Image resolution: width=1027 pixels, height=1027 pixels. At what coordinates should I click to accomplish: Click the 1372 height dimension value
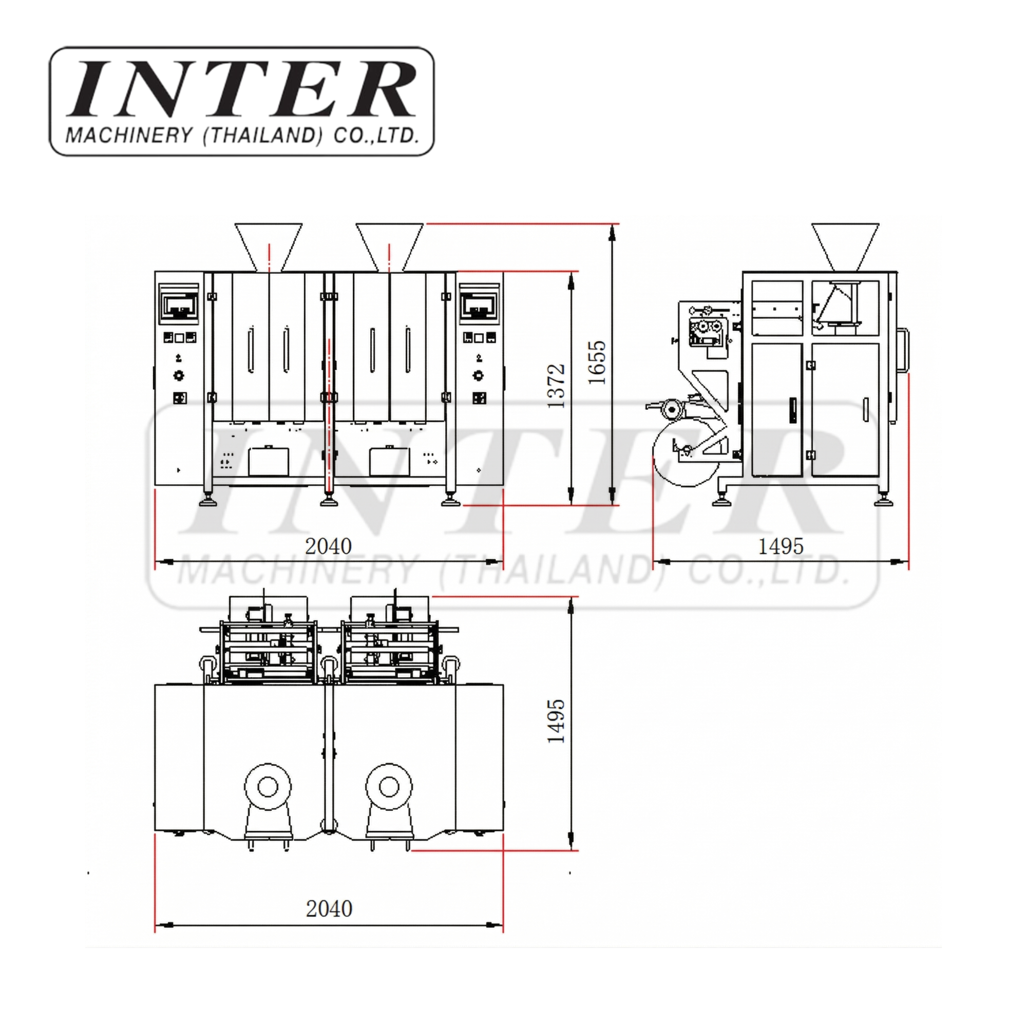(x=556, y=387)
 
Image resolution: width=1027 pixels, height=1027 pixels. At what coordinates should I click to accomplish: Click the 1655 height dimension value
(x=596, y=363)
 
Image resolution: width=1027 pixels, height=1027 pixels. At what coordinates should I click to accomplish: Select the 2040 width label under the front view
(x=329, y=546)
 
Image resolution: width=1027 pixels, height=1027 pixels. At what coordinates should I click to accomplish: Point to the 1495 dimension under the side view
(x=781, y=546)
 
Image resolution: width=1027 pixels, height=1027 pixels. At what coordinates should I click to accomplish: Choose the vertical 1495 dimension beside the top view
(x=556, y=721)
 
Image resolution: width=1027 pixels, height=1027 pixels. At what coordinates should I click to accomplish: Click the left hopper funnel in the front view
(x=269, y=244)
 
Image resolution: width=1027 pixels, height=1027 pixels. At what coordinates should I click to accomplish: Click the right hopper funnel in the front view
(x=390, y=244)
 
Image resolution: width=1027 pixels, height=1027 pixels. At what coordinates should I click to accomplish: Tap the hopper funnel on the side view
(x=845, y=244)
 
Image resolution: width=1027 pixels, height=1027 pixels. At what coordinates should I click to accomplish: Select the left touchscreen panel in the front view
(x=179, y=305)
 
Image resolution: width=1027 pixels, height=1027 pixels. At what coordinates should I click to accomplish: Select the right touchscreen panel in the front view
(x=480, y=305)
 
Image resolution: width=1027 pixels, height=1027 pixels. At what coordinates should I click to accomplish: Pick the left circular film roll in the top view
(x=268, y=787)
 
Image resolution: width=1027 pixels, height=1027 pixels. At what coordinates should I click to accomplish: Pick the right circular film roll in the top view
(x=389, y=787)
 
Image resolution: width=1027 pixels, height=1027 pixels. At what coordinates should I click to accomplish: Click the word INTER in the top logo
(x=242, y=89)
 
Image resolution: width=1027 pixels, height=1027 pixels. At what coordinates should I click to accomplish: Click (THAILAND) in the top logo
(x=263, y=135)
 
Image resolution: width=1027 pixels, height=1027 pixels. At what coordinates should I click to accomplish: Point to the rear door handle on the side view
(x=903, y=350)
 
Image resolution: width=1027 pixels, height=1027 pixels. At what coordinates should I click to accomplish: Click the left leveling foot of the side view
(x=721, y=500)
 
